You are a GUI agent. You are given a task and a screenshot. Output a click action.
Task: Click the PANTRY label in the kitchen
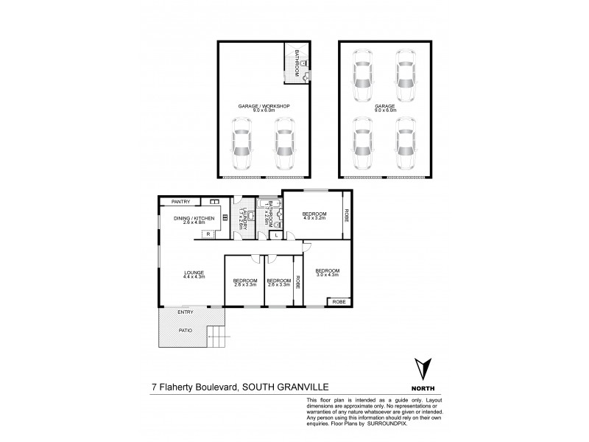(180, 201)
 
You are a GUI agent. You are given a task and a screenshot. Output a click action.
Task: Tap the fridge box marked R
(209, 234)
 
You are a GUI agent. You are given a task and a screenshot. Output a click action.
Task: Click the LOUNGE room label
(194, 274)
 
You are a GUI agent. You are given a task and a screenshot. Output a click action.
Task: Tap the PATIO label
(186, 330)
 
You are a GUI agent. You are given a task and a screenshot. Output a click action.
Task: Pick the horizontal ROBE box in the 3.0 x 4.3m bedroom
(339, 302)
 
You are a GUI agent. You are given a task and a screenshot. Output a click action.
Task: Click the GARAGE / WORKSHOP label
(263, 107)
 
